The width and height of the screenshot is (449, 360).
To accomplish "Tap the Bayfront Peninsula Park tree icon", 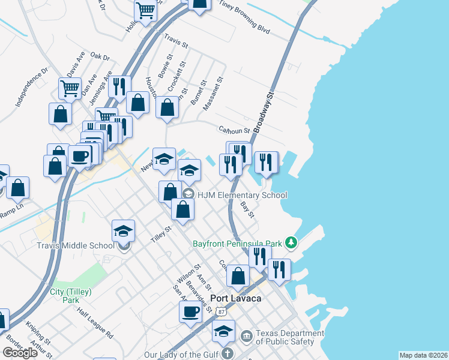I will point(291,242).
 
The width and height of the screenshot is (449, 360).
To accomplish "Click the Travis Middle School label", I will point(75,245).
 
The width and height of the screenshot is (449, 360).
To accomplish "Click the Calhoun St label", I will point(234,130).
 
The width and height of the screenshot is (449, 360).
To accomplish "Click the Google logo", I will point(20,353).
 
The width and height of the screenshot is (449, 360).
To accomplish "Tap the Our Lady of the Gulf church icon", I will point(227,354).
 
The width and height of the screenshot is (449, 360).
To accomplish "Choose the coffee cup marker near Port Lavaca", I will point(191,312).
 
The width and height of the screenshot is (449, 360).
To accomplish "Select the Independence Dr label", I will point(31,88).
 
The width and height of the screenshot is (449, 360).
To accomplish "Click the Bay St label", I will point(247,209).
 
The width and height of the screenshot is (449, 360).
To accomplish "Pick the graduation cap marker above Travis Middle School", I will point(123,231).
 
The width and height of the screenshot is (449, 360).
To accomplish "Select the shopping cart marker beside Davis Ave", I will point(70,89).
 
